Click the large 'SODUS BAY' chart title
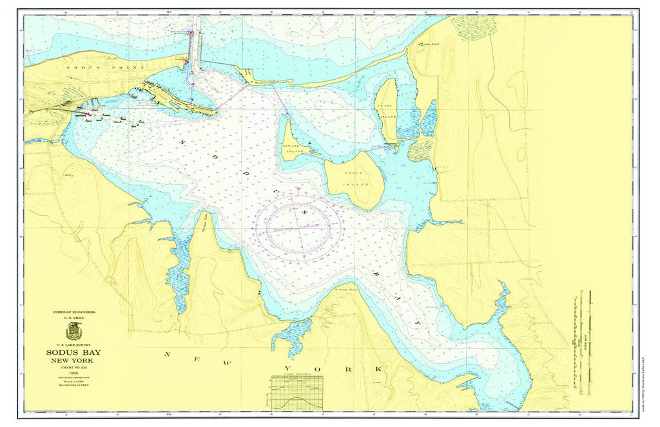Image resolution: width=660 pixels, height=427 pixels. point(73,352)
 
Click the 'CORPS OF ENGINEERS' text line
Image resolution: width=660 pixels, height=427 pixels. point(74,312)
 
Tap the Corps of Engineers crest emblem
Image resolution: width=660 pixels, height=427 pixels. point(74,331)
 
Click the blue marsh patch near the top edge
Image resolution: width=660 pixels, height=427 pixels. point(473,27)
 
